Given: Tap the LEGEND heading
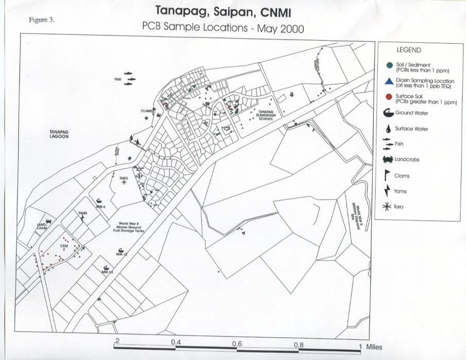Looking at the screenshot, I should pyautogui.click(x=408, y=50).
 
